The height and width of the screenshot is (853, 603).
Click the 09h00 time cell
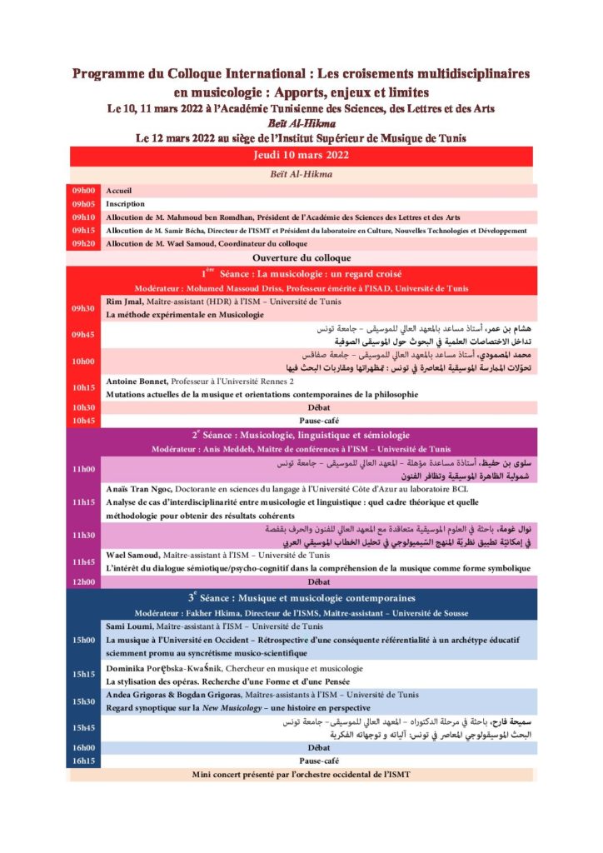tap(84, 191)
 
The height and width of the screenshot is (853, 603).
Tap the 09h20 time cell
tap(84, 244)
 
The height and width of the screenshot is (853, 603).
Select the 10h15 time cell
tap(84, 387)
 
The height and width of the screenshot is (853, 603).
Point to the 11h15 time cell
tap(84, 502)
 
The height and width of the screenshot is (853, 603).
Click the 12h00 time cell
tap(84, 581)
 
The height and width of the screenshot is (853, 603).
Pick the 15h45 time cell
tap(84, 728)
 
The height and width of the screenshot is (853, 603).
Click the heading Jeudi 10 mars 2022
tap(301, 155)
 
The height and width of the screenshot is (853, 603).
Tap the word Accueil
tap(119, 191)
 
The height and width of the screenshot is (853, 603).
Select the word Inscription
tap(125, 204)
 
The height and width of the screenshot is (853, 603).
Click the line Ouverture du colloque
tap(301, 258)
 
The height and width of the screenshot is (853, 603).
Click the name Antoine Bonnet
tap(137, 381)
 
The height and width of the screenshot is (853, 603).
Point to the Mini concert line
tap(301, 775)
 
